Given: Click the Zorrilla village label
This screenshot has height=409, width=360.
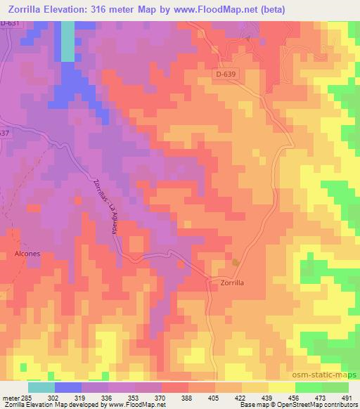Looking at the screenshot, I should (226, 282).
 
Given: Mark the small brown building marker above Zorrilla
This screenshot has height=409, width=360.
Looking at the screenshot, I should (235, 262).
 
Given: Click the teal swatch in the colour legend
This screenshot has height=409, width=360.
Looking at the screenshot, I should (41, 387).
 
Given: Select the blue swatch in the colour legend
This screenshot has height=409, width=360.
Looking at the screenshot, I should (67, 387).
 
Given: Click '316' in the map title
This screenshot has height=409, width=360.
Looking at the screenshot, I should (109, 10).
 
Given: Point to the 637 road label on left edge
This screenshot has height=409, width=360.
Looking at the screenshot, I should (5, 134).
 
